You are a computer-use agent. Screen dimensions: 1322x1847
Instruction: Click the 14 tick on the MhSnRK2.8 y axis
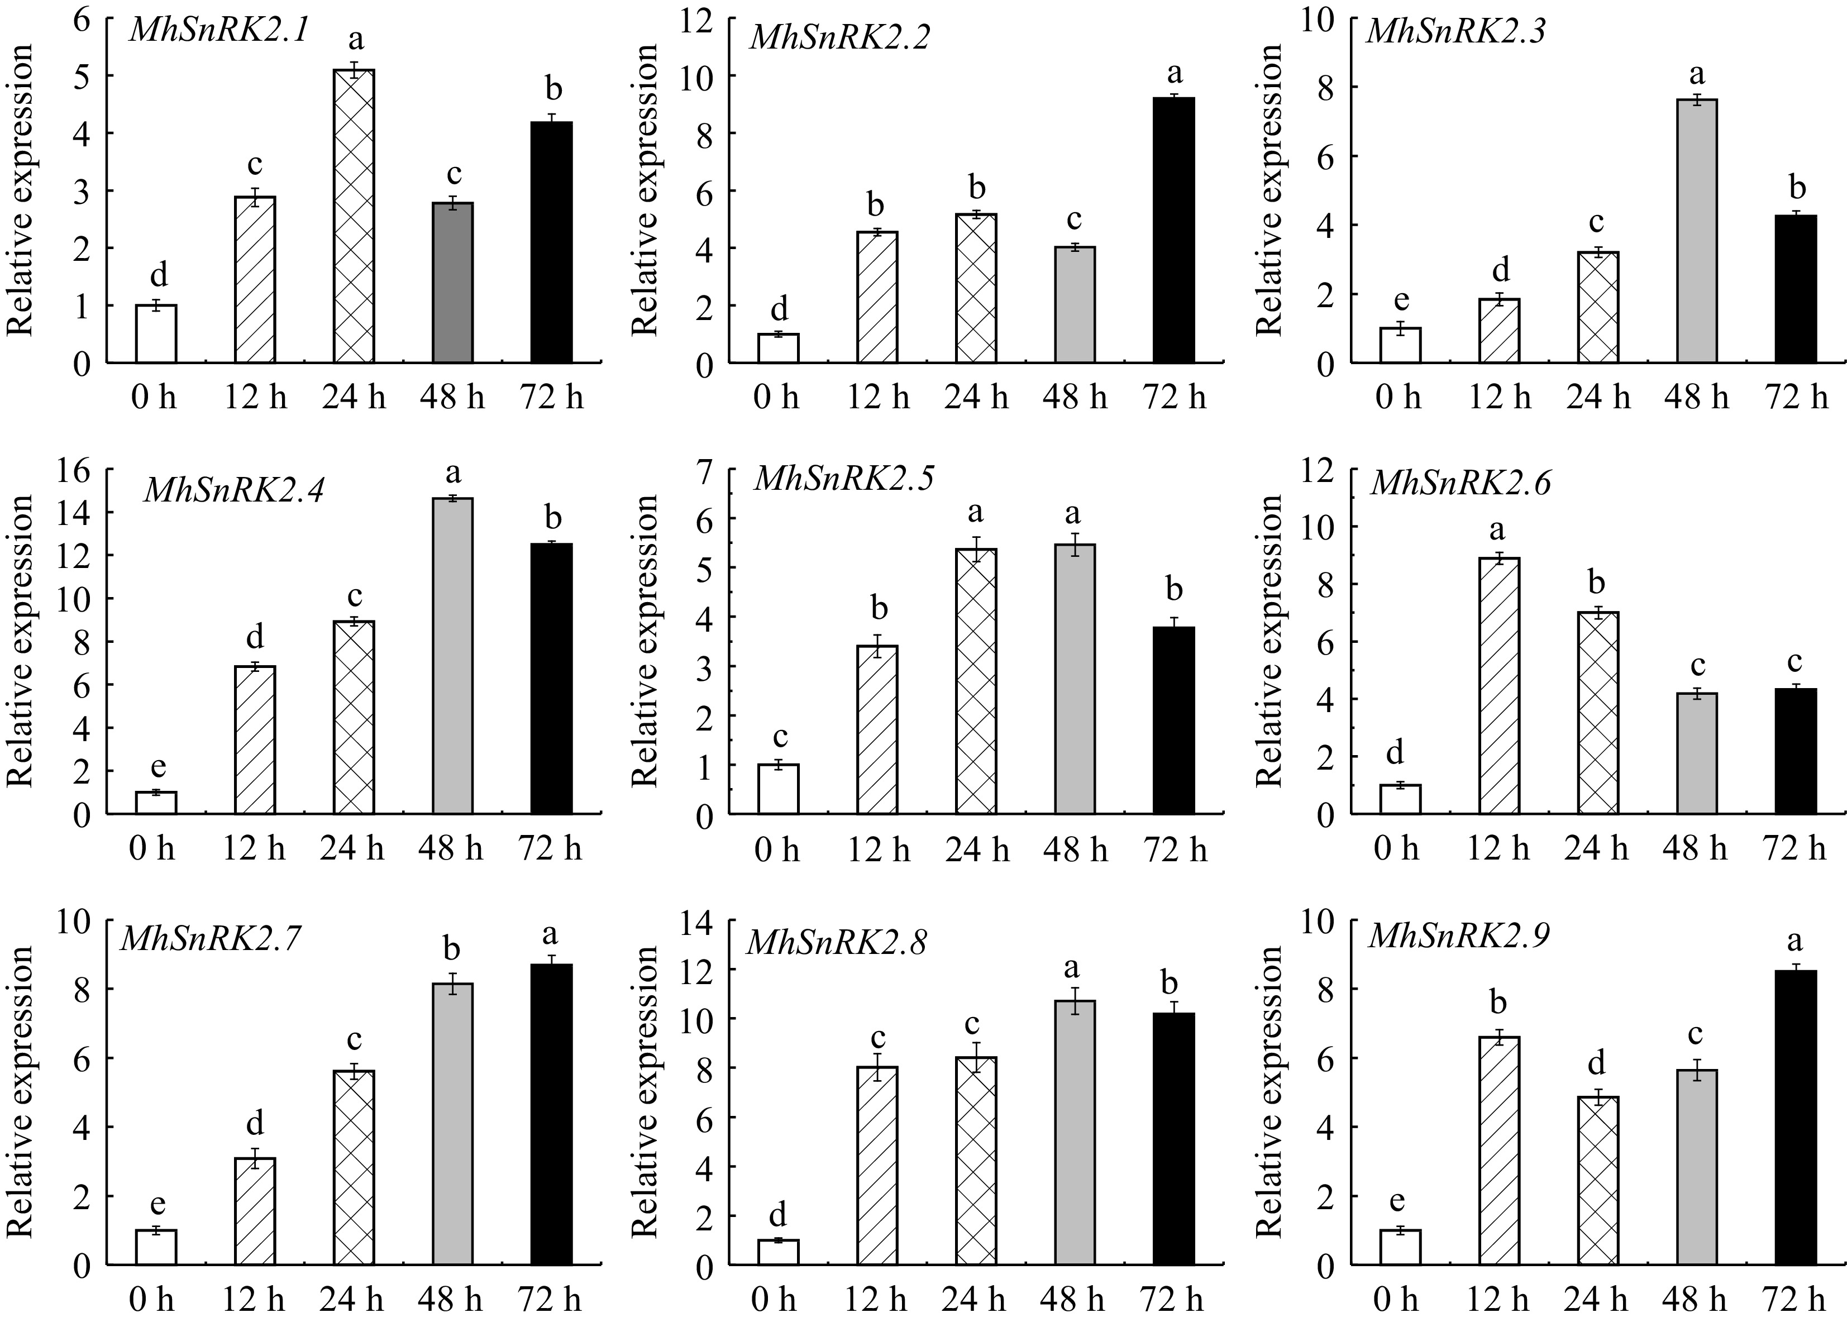coord(701,922)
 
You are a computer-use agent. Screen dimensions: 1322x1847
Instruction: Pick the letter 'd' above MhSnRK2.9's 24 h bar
coord(1597,1062)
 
